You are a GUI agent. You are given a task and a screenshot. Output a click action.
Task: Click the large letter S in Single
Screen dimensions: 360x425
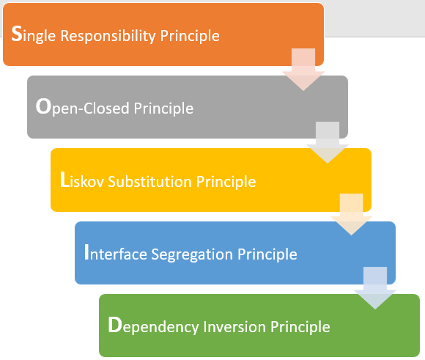pyautogui.click(x=18, y=33)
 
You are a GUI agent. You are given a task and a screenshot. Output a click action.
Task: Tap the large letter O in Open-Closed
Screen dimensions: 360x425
pyautogui.click(x=43, y=106)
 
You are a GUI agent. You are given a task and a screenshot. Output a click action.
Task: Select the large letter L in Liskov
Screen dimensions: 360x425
pyautogui.click(x=64, y=180)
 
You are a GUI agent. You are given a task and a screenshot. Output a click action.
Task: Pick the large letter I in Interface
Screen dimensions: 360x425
pyautogui.click(x=88, y=253)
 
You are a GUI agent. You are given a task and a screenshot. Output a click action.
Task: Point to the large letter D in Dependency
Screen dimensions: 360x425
pyautogui.click(x=114, y=326)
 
